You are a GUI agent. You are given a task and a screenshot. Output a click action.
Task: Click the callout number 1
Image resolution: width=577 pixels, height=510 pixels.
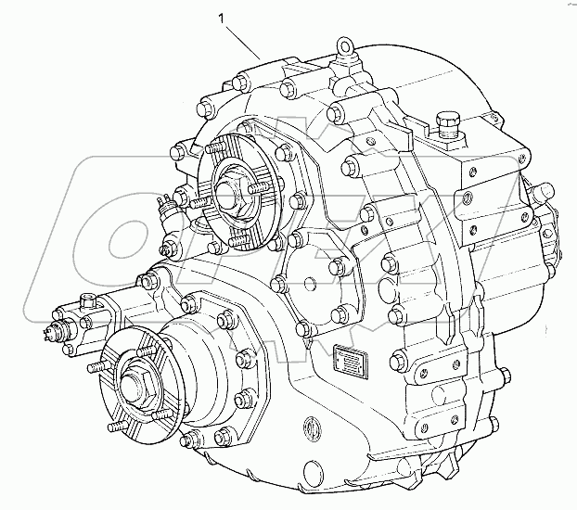(x=220, y=17)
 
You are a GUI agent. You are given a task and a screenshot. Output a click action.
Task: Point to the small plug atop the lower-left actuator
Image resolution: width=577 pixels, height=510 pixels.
(x=88, y=299)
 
